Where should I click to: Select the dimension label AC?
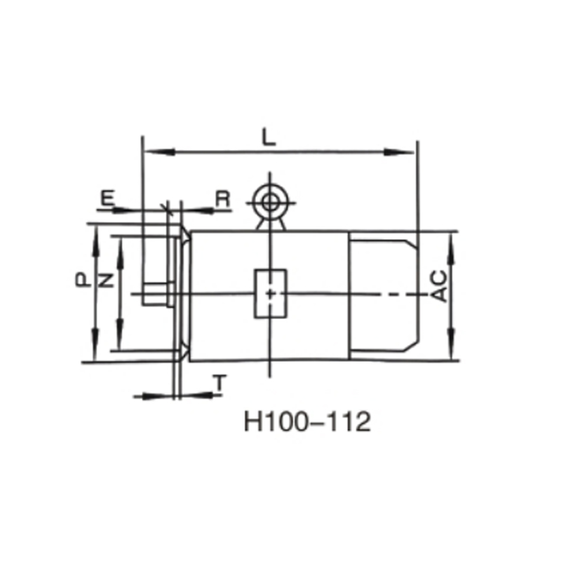[x=440, y=286]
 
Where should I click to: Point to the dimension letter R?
[x=222, y=198]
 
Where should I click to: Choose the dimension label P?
[x=83, y=281]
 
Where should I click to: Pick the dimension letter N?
[x=105, y=281]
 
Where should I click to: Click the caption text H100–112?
[x=306, y=423]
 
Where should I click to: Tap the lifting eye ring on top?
[x=269, y=202]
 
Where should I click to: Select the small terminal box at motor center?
[x=269, y=293]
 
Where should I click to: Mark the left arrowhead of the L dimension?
[x=149, y=151]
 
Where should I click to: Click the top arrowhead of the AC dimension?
[x=450, y=239]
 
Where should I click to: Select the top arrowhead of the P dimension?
[x=95, y=234]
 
